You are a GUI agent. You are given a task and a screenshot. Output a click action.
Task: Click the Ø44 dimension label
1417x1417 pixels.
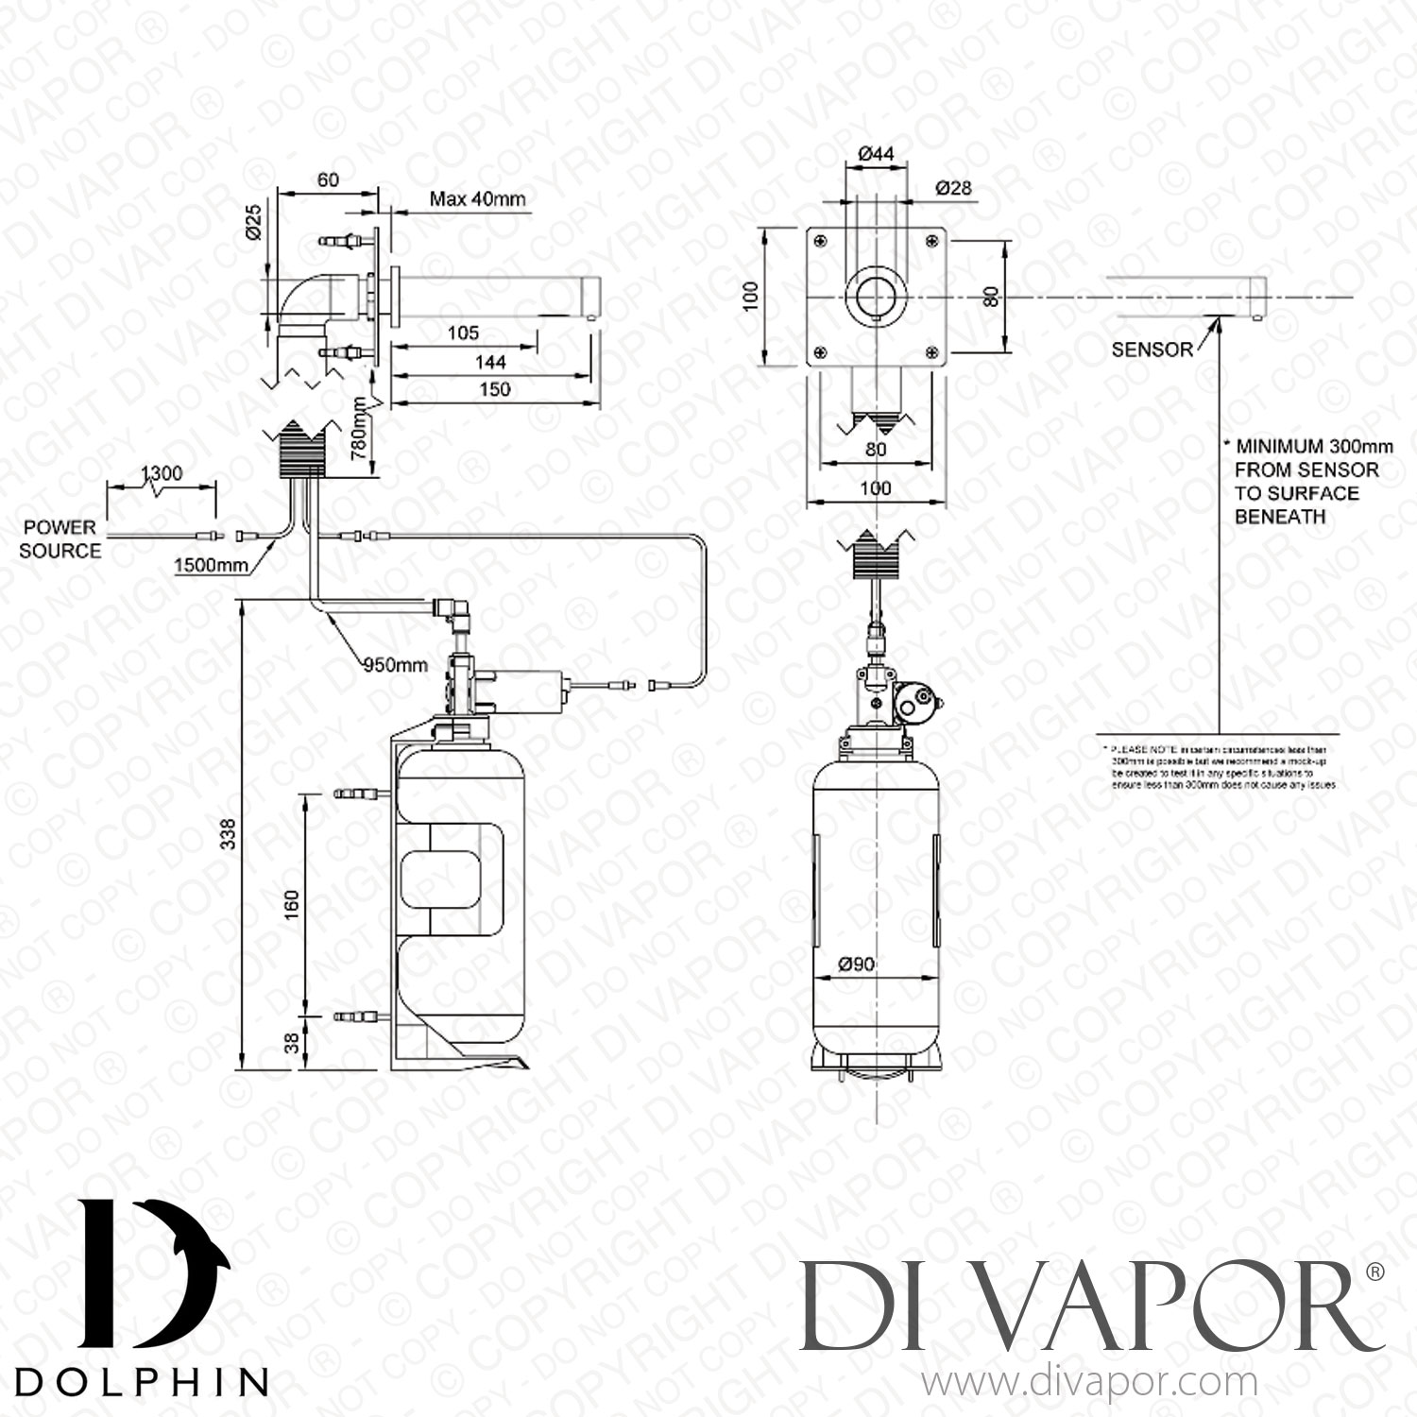(x=875, y=154)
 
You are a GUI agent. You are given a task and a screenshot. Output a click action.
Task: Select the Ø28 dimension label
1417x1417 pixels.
(x=953, y=188)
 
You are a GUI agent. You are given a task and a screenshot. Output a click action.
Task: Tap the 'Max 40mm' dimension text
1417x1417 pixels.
(x=477, y=199)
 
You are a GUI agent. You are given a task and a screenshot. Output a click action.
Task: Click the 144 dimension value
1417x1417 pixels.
(x=490, y=362)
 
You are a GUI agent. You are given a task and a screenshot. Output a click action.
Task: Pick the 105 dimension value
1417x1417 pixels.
(x=462, y=333)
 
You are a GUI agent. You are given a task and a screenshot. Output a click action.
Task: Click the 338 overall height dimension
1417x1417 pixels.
(x=227, y=834)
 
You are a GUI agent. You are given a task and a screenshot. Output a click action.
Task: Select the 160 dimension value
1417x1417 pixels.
(x=291, y=904)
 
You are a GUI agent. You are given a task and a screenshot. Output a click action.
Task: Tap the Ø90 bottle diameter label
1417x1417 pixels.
(x=856, y=965)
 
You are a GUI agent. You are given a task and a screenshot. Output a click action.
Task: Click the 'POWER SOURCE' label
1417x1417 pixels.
(x=60, y=538)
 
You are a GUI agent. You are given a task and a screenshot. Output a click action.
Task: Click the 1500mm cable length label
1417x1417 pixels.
(x=211, y=565)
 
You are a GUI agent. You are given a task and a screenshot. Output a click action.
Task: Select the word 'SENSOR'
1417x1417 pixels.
(x=1152, y=350)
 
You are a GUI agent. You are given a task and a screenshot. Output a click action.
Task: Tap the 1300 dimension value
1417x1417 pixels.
(x=161, y=472)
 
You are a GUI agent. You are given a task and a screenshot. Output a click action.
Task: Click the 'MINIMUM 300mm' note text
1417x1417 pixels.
(x=1306, y=446)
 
